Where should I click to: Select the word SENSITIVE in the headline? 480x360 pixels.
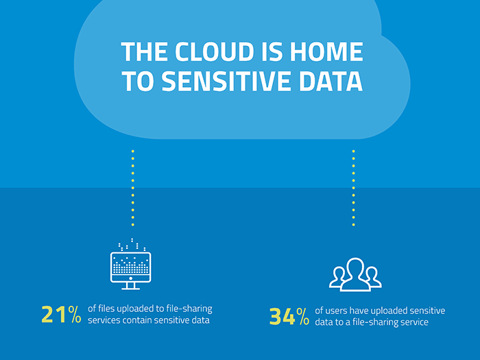226,81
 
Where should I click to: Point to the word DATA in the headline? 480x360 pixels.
331,81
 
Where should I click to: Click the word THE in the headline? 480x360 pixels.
145,51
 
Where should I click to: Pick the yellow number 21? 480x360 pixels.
53,314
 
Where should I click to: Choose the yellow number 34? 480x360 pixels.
283,316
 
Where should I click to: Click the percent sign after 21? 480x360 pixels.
74,314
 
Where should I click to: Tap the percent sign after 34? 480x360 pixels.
303,316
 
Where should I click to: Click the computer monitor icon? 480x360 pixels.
131,264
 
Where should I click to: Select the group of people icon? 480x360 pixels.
355,274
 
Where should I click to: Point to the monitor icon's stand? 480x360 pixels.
131,286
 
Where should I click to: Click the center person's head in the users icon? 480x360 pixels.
355,267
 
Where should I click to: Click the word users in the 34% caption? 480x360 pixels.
336,311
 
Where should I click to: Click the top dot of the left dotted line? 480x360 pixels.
133,151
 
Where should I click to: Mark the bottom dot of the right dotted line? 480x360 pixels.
354,225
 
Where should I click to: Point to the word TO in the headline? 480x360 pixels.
138,81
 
